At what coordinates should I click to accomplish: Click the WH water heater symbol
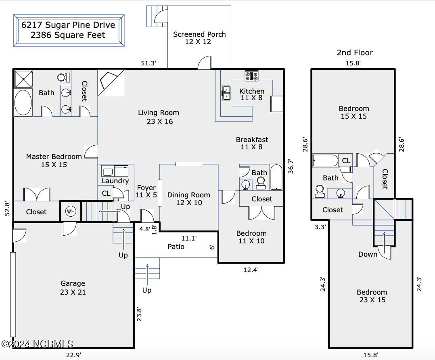pos(71,211)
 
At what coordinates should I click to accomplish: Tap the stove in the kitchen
pos(252,75)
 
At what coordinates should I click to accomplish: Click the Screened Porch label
pos(199,38)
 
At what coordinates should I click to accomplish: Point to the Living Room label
pos(159,117)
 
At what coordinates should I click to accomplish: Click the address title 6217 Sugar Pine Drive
pos(68,25)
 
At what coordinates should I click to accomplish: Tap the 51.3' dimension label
pos(148,63)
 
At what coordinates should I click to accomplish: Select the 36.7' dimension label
pos(291,166)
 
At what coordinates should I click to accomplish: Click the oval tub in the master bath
pos(23,103)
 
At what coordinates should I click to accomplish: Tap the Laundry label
pos(115,181)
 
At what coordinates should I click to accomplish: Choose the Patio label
pos(176,246)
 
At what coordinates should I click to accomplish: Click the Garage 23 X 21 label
pos(73,288)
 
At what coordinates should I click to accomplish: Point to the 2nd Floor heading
pos(355,52)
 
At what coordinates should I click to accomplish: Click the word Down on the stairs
pos(368,254)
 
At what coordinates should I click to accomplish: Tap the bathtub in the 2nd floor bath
pos(326,160)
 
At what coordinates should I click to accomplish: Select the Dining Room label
pos(189,199)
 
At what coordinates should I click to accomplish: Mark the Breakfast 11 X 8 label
pos(252,143)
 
